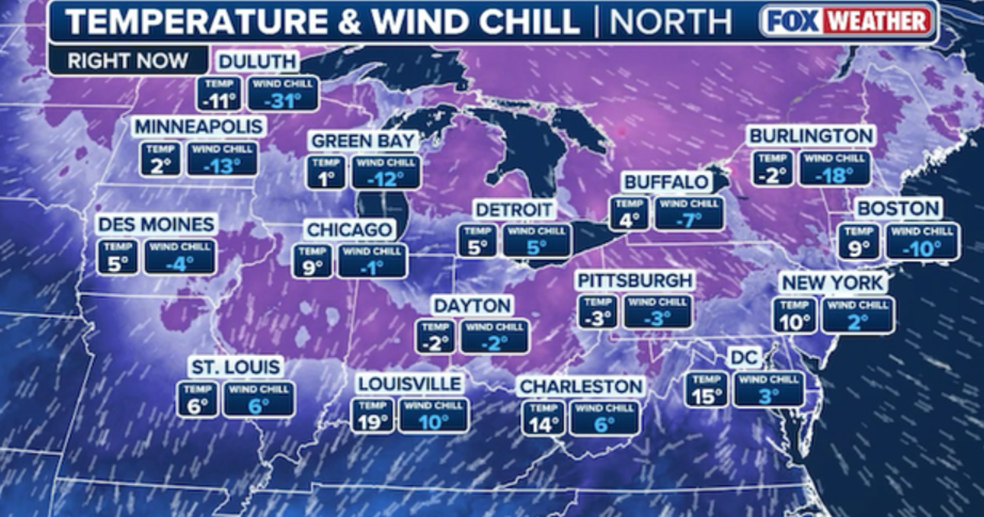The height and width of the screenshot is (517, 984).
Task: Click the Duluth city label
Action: click(x=257, y=63)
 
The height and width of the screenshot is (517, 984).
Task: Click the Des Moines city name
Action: click(x=156, y=224)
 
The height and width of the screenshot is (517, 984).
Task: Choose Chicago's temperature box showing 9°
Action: click(x=313, y=268)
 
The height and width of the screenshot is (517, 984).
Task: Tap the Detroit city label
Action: click(x=514, y=209)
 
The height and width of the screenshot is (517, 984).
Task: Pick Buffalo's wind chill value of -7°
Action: click(x=689, y=220)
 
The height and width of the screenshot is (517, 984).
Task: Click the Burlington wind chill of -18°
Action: click(x=833, y=174)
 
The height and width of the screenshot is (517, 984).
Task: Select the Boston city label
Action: click(x=898, y=208)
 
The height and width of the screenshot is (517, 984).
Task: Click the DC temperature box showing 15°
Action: click(x=707, y=396)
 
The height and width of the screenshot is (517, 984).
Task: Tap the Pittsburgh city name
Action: click(x=635, y=281)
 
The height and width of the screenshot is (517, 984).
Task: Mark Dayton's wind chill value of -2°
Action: click(x=494, y=342)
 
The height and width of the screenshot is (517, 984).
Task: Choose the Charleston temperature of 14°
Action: click(x=543, y=424)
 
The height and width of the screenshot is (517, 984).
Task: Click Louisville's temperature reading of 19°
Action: click(x=373, y=422)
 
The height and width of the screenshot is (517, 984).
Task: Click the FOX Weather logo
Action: click(x=848, y=21)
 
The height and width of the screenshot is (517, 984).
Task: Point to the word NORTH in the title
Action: click(x=670, y=22)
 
